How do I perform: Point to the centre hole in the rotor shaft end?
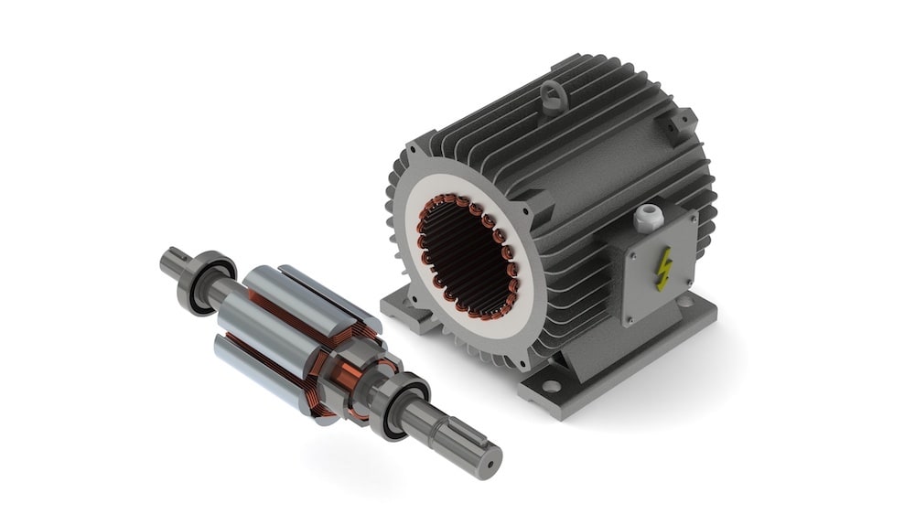489,462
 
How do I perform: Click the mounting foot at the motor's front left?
408,306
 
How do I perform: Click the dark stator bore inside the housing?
467,255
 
